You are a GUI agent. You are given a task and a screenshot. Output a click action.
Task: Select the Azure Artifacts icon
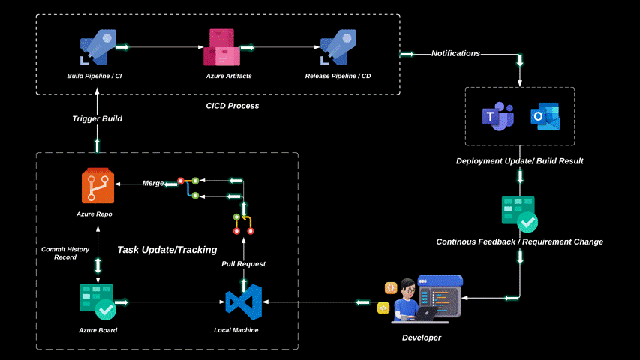pos(222,49)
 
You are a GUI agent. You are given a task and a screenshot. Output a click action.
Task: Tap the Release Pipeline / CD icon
pos(338,49)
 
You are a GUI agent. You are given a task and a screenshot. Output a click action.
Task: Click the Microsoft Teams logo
pos(497,116)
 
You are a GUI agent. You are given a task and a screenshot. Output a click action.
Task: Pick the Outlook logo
pos(544,116)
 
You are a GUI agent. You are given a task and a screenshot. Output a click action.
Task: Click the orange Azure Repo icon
pos(98,187)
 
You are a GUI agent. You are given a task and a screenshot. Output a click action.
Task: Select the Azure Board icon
pos(97,301)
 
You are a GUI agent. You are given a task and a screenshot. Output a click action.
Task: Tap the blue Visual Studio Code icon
pos(243,302)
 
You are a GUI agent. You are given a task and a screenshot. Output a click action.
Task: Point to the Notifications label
pos(455,54)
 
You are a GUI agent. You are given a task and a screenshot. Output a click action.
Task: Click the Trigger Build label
pos(97,119)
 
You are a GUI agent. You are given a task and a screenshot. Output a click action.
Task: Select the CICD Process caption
pos(232,106)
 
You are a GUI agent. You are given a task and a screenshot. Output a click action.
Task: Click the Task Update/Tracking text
pos(167,250)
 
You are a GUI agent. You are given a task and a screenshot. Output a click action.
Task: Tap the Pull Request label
pos(243,264)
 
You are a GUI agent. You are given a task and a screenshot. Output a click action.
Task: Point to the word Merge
pos(153,183)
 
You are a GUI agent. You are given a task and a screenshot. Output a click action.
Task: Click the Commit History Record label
pos(65,253)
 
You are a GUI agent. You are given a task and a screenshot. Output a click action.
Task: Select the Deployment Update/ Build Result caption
pos(519,161)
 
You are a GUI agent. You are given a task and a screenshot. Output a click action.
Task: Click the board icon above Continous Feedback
pos(518,214)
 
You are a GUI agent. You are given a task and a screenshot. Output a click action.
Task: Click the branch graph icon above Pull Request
pos(243,224)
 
